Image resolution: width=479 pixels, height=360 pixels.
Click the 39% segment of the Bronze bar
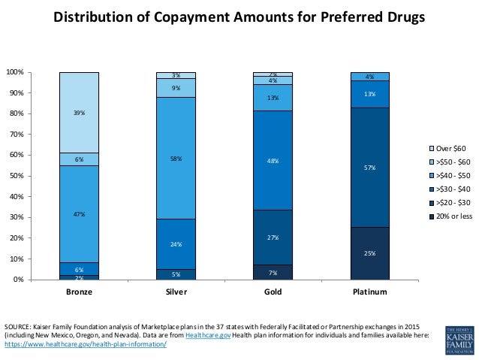[x=79, y=112]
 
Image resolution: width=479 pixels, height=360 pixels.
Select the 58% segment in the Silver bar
[x=176, y=158]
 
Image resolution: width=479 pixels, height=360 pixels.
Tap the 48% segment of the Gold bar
[x=273, y=160]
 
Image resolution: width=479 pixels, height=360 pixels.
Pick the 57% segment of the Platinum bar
[x=369, y=168]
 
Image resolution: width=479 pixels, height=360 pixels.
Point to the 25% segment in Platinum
[x=369, y=253]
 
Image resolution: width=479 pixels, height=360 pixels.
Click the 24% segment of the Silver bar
[x=176, y=244]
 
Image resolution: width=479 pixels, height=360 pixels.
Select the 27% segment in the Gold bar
[x=273, y=237]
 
